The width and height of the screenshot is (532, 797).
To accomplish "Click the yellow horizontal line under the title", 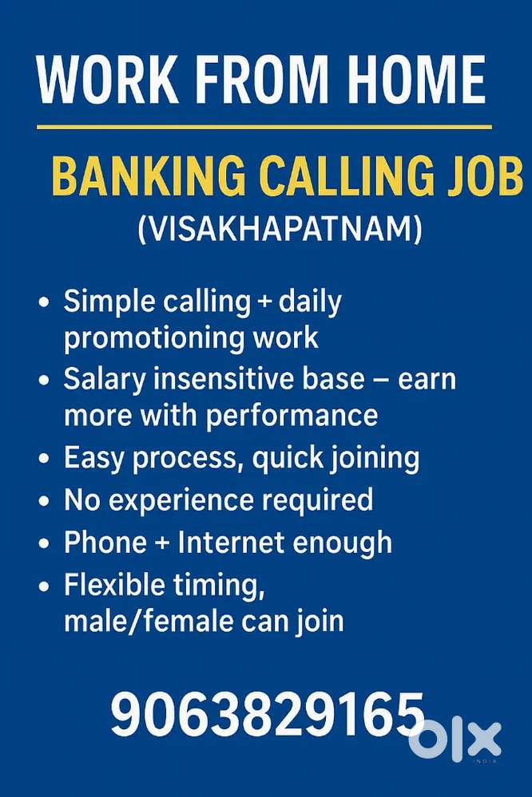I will pos(264,127).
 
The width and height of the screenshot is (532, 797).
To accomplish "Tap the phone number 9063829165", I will pos(267,714).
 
